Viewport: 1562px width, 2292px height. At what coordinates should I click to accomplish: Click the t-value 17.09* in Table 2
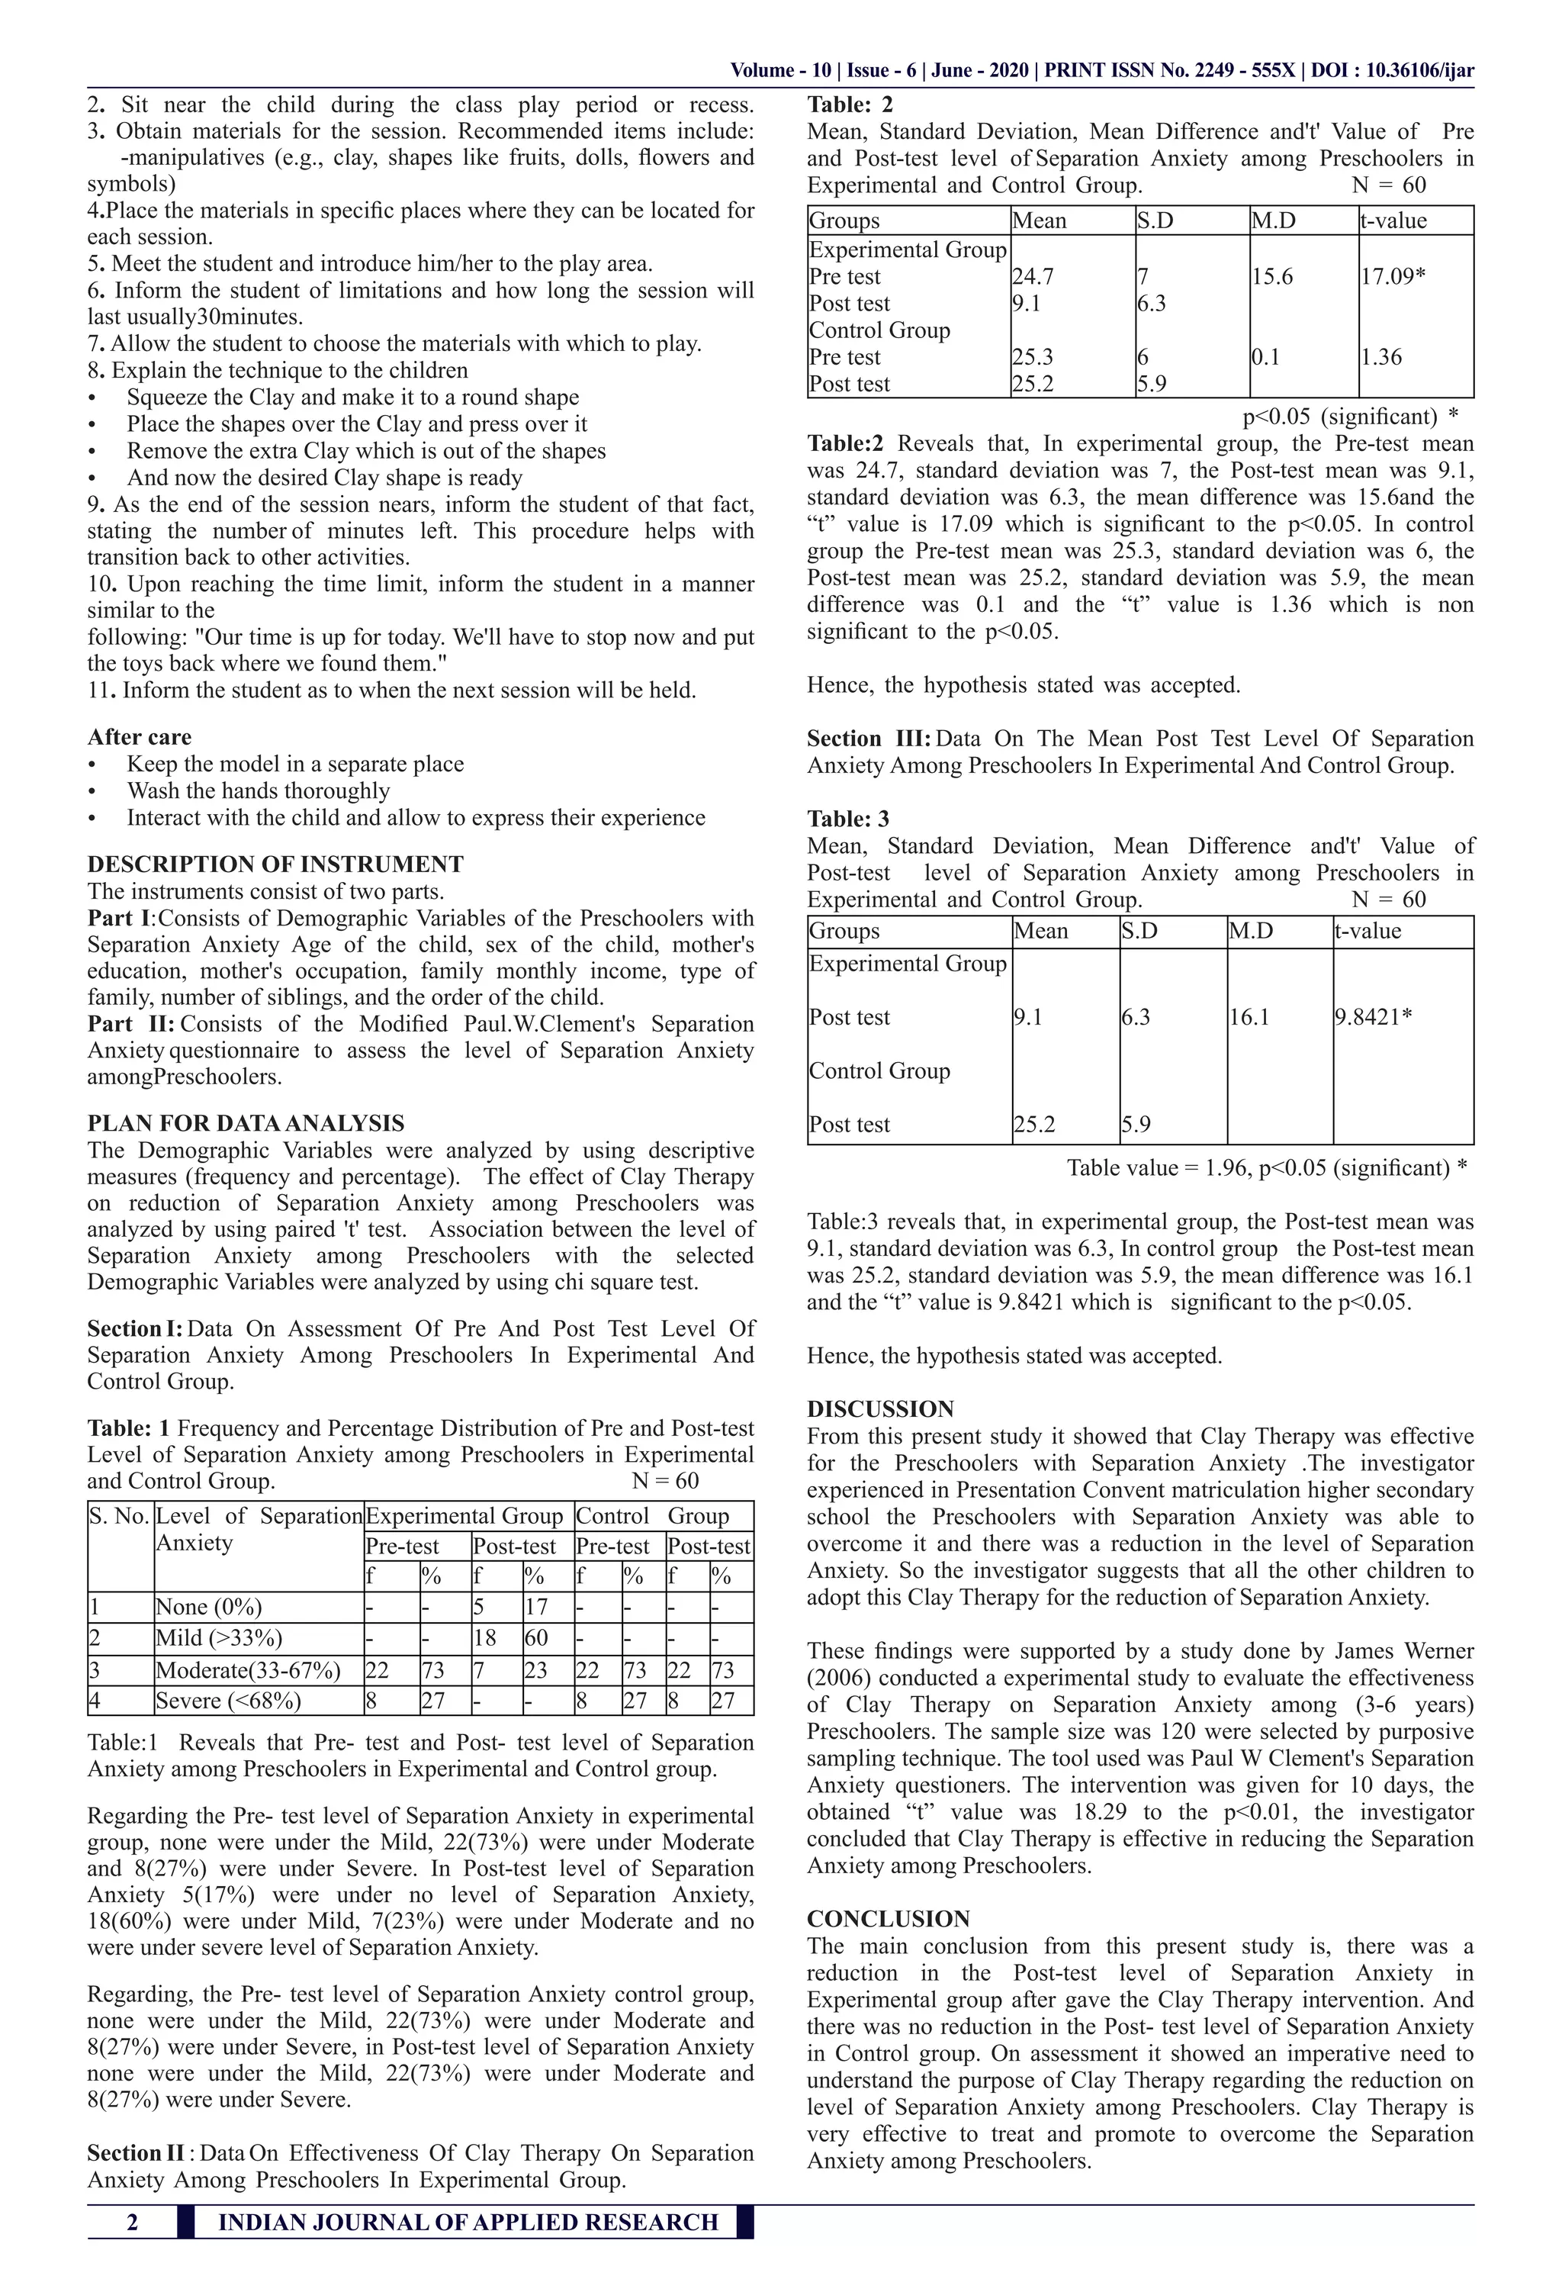point(1391,277)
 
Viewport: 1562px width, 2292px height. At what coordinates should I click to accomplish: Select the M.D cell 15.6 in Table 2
point(1272,277)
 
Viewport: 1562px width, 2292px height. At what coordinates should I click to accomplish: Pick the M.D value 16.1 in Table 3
point(1249,1017)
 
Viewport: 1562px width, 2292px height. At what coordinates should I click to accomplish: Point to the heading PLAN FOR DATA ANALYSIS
point(246,1123)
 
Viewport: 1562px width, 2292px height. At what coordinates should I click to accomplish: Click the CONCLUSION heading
point(889,1918)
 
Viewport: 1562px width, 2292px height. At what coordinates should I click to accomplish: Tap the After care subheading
point(139,737)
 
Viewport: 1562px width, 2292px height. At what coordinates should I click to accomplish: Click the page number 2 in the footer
point(132,2222)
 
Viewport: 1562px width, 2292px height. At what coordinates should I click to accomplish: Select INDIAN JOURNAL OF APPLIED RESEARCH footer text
point(468,2222)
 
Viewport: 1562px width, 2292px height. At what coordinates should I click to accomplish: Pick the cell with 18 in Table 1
point(484,1638)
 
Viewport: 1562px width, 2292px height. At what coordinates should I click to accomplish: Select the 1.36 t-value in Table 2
point(1380,357)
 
